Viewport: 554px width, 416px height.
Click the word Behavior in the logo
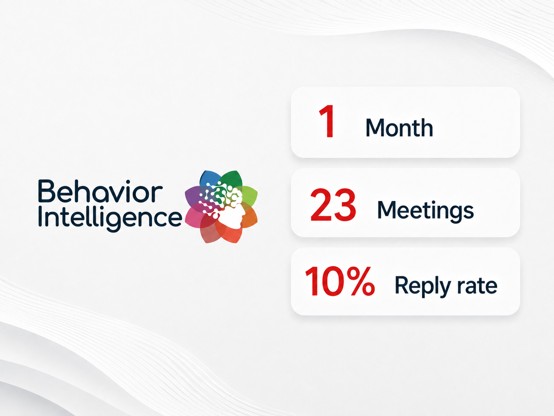(101, 191)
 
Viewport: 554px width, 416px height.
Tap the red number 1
(328, 121)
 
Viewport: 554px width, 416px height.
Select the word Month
(399, 128)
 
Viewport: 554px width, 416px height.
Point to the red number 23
(333, 205)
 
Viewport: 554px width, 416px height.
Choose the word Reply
(422, 287)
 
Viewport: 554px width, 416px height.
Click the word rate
(477, 286)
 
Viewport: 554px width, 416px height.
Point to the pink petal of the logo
(194, 217)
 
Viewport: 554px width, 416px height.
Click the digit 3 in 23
(345, 205)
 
